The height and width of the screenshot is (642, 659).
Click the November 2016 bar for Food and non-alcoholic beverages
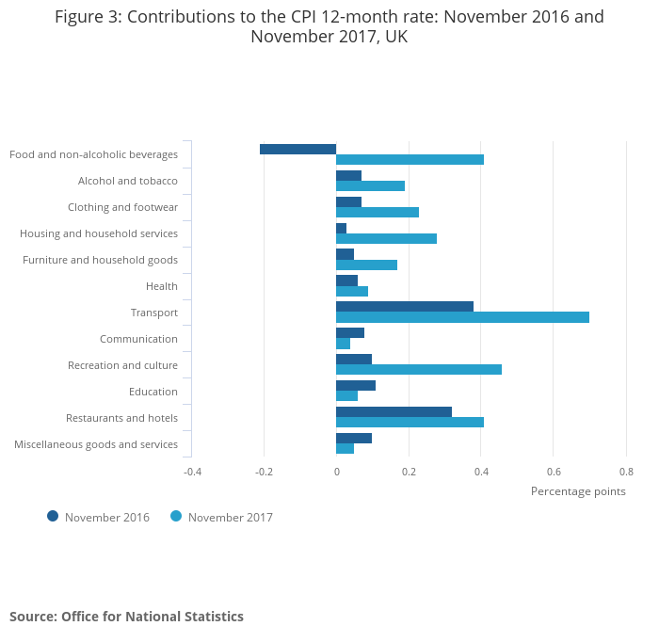point(297,149)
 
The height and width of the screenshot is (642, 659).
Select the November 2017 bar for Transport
point(462,317)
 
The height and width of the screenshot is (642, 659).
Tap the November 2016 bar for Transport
point(405,307)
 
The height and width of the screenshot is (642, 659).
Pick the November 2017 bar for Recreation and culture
point(419,370)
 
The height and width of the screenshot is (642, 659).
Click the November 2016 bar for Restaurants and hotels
point(394,412)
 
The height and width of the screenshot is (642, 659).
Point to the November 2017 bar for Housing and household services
point(386,238)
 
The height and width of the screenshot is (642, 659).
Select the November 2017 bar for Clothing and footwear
point(378,212)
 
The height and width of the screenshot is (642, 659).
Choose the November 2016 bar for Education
point(356,386)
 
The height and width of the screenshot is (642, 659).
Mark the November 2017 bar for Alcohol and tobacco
point(370,185)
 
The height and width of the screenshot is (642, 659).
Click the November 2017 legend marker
point(176,516)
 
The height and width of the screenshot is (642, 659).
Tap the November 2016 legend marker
point(53,516)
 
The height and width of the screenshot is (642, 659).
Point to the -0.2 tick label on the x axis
point(264,471)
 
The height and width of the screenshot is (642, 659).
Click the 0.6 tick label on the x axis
point(554,471)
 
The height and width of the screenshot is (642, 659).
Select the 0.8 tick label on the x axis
point(626,471)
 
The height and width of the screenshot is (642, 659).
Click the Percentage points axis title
point(578,490)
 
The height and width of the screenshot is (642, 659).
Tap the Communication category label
point(138,339)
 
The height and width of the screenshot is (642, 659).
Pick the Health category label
point(161,286)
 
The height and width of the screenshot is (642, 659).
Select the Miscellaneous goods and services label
point(96,444)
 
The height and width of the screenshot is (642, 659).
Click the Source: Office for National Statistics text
point(126,617)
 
